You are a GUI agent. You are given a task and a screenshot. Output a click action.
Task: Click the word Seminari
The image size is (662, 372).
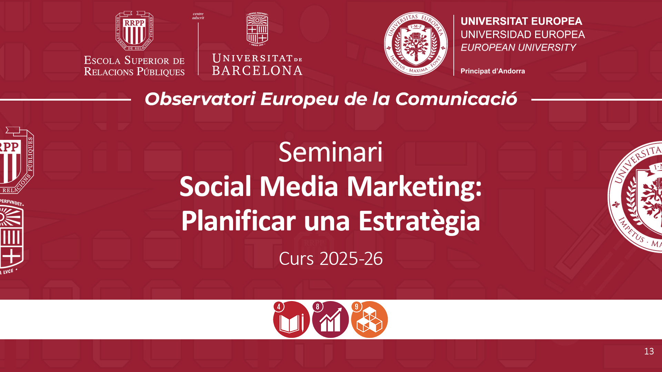click(331, 152)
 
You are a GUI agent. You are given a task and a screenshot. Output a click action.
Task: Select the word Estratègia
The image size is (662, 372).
click(419, 222)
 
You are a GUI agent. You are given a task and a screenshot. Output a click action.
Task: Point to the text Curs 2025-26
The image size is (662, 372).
click(331, 259)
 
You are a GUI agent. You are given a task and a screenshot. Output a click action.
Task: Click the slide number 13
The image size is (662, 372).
click(649, 351)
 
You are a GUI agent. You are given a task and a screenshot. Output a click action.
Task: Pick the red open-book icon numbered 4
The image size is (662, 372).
click(291, 319)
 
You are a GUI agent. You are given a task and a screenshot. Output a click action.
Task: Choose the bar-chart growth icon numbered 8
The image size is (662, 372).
click(330, 319)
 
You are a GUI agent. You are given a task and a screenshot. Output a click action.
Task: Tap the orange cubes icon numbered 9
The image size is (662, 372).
click(369, 319)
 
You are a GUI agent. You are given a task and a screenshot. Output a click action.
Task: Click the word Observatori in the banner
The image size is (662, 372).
click(200, 99)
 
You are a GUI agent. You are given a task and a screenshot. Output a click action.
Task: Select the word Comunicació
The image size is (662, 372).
click(456, 99)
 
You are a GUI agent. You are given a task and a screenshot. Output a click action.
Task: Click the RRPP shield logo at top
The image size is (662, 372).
click(134, 31)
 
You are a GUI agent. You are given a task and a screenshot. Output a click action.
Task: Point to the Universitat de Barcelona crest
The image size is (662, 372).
click(257, 29)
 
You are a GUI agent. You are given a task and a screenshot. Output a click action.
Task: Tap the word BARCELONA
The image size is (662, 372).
click(257, 71)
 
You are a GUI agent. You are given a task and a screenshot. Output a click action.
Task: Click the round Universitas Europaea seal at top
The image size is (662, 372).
click(416, 44)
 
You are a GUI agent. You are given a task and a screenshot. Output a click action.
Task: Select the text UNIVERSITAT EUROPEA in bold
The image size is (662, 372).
click(521, 21)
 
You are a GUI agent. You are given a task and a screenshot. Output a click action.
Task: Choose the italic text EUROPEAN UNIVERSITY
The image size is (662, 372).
click(518, 48)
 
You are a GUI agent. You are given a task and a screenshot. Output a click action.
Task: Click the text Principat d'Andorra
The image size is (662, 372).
click(493, 71)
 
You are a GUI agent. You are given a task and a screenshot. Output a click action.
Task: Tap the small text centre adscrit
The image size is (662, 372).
click(198, 16)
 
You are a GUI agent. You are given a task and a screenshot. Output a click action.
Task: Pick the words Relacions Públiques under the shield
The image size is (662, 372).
click(134, 72)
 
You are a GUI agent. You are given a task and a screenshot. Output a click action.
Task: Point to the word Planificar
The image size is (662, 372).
click(239, 221)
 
